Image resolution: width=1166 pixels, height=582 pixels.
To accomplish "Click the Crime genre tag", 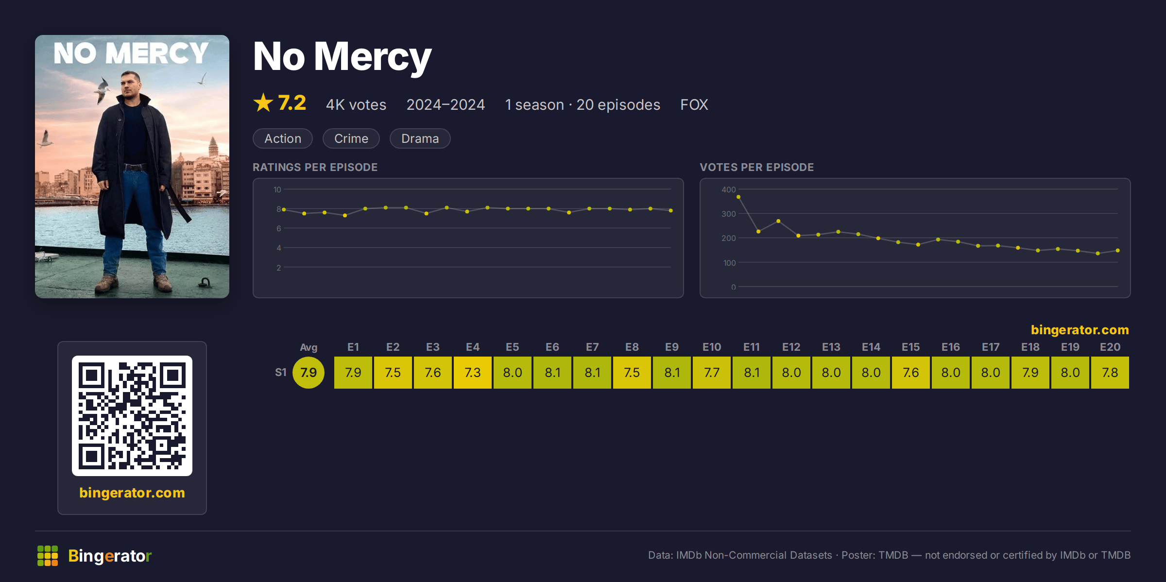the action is (x=351, y=138).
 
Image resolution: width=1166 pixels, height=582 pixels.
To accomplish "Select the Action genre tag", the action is (x=283, y=138).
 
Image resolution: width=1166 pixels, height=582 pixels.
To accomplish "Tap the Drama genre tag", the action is (x=420, y=138).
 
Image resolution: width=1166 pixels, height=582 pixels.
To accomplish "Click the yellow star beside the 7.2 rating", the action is (x=263, y=103).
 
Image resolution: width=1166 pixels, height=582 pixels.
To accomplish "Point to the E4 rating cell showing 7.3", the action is (x=473, y=373).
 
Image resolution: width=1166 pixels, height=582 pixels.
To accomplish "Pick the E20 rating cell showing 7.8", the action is (x=1110, y=373).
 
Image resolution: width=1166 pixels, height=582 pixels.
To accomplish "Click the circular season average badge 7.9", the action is (x=309, y=373).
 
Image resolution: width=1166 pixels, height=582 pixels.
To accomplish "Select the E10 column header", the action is (x=712, y=347).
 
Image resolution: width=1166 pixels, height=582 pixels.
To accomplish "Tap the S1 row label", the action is (x=281, y=373).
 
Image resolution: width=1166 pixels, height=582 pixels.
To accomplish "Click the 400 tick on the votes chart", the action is (x=728, y=189).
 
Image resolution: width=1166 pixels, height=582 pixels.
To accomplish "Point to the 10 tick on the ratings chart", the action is (x=277, y=189).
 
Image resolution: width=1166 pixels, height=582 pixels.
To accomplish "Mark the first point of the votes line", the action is (x=738, y=197).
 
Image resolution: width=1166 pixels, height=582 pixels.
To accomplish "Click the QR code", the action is (x=132, y=416).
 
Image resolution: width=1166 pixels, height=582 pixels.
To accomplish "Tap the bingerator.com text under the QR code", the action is (x=132, y=493).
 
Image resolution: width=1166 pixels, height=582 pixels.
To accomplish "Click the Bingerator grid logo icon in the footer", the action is (x=48, y=556).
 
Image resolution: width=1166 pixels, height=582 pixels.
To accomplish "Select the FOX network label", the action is (x=694, y=104).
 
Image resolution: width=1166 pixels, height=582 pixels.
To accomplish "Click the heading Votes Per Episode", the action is (x=757, y=167).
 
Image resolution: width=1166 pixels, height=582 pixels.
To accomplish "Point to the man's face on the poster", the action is (x=131, y=85).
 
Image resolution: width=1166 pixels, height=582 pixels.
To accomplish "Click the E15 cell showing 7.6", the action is (x=911, y=373).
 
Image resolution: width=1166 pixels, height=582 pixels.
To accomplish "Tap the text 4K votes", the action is (x=356, y=104).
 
